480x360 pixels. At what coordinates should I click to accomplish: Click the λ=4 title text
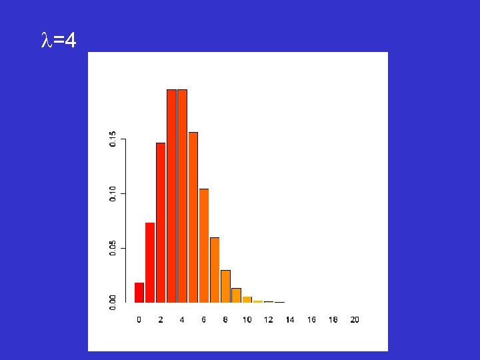click(x=58, y=42)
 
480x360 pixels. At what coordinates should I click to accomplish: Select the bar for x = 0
click(x=139, y=293)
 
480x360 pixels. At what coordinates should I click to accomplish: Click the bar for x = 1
click(x=150, y=263)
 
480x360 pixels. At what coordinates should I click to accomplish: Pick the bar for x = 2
click(x=161, y=223)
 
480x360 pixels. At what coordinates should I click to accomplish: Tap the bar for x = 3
click(x=171, y=196)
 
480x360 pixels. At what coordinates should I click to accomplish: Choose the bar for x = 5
click(x=193, y=217)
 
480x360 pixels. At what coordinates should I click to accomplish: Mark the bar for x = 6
click(x=204, y=246)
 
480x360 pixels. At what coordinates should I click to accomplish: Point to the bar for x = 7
click(x=215, y=270)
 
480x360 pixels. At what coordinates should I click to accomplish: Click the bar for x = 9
click(x=236, y=295)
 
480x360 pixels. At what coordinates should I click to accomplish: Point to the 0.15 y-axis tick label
click(x=113, y=139)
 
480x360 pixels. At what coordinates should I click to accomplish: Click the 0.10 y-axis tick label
click(x=113, y=194)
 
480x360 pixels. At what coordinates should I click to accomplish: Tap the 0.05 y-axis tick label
click(x=113, y=249)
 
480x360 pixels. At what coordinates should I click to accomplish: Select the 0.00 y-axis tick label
click(x=113, y=303)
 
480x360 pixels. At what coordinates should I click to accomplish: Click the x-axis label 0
click(x=139, y=320)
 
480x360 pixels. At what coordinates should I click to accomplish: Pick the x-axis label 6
click(x=204, y=320)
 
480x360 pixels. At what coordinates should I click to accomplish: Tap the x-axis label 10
click(x=247, y=320)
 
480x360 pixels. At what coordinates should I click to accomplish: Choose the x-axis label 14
click(x=290, y=320)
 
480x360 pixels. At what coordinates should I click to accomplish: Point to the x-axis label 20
click(x=355, y=320)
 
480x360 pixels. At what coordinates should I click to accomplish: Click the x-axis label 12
click(x=269, y=320)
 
